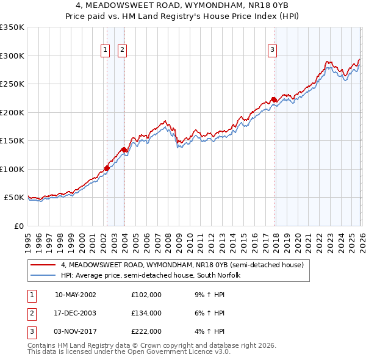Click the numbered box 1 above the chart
point(106,50)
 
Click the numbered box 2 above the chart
point(123,50)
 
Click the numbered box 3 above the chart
point(272,50)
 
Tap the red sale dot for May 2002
point(107,168)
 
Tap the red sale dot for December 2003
point(124,149)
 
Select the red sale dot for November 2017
point(274,99)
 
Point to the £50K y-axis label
point(14,198)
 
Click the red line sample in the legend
point(43,265)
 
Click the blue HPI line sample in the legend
point(43,276)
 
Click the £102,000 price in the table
point(146,295)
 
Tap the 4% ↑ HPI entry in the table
point(211,331)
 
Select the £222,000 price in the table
point(146,331)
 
